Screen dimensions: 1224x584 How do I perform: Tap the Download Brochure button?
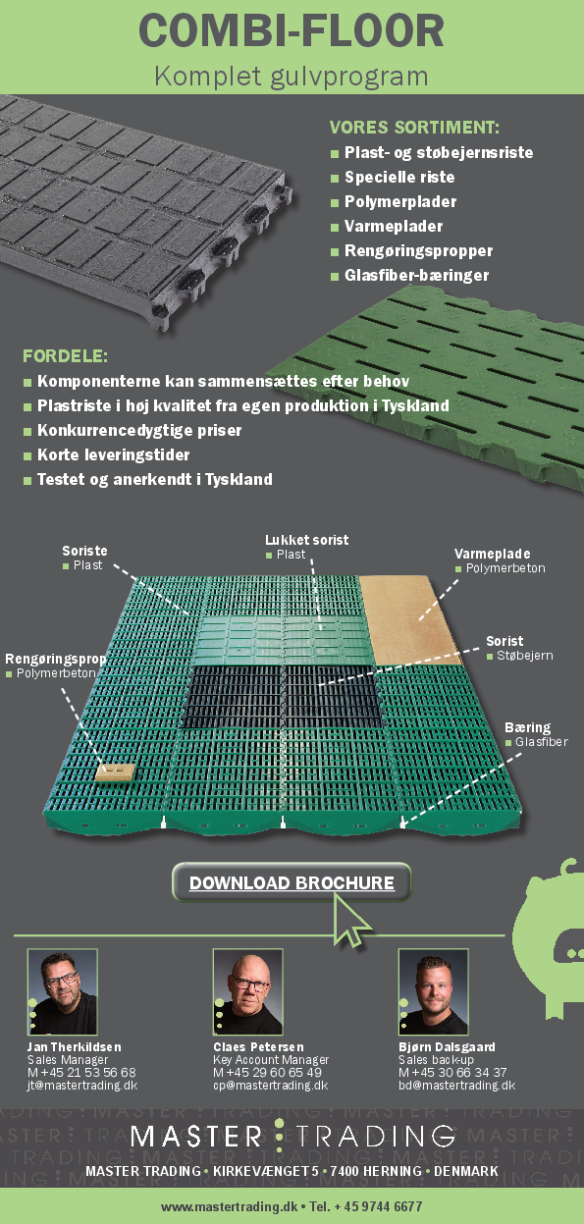click(292, 882)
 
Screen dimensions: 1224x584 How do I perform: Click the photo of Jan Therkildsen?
click(62, 991)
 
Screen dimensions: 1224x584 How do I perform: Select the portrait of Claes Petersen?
click(247, 991)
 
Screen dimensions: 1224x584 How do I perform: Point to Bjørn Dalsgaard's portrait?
click(433, 991)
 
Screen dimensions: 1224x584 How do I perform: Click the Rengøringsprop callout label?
click(55, 660)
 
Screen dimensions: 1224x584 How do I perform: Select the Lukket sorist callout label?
click(306, 540)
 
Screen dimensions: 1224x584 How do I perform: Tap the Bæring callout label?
click(527, 728)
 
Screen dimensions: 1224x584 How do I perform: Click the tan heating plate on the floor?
click(407, 609)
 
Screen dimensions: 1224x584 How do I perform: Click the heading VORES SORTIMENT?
click(414, 128)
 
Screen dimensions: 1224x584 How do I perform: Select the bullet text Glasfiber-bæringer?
click(416, 276)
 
